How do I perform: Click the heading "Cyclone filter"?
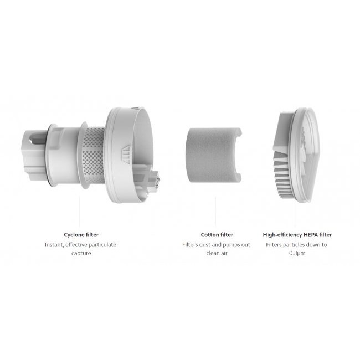81,235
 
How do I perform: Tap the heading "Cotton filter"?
217,235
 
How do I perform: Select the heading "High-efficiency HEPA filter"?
297,235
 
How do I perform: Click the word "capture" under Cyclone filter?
81,253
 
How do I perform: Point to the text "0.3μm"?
297,253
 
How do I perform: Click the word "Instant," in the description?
54,245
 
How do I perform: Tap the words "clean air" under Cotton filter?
217,253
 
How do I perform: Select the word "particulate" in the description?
102,245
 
